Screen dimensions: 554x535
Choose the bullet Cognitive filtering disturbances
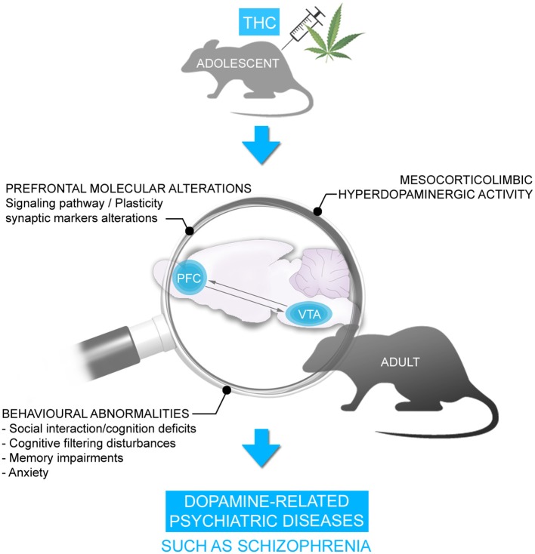[94, 443]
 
